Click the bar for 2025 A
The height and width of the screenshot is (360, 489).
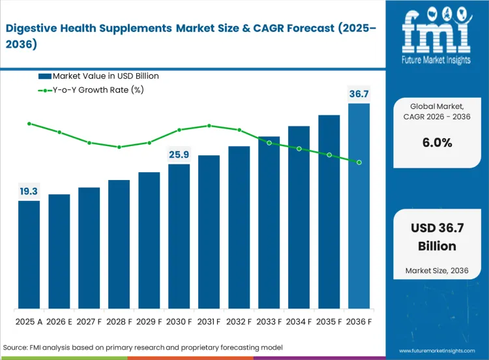coord(29,254)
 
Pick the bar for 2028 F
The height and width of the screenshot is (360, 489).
coord(119,244)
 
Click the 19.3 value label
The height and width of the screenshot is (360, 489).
coord(29,191)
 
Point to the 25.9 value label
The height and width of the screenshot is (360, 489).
coord(179,155)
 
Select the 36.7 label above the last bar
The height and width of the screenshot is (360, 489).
coord(359,95)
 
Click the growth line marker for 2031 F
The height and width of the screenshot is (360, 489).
coord(209,125)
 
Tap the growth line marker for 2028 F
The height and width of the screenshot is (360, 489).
coord(119,147)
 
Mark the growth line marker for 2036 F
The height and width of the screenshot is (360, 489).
coord(359,162)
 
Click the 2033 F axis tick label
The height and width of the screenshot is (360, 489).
coord(269,322)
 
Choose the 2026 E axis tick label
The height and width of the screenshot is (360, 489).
coord(59,322)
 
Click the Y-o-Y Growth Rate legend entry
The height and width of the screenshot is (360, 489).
coord(91,90)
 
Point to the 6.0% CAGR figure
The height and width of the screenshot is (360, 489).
coord(437,143)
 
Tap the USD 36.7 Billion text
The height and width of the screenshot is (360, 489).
coord(437,238)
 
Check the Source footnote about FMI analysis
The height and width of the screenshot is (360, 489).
coord(143,348)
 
